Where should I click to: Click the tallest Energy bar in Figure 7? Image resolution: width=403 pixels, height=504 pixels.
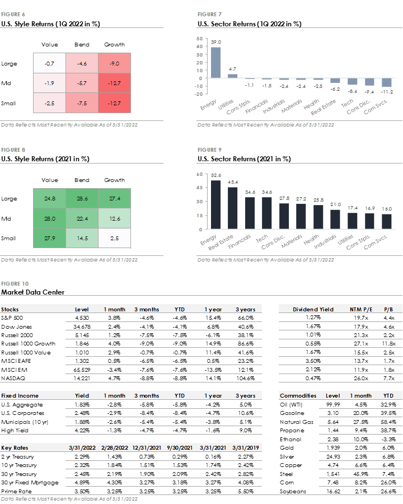click(215, 62)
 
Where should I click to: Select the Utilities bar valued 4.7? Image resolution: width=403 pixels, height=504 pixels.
click(233, 76)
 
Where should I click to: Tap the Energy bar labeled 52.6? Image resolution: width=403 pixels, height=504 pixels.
click(215, 204)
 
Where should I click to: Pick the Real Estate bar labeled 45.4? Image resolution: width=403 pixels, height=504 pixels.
click(232, 208)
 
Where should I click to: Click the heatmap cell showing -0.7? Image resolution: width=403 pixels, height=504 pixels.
click(49, 64)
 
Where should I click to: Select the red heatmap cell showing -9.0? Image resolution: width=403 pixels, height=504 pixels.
click(114, 64)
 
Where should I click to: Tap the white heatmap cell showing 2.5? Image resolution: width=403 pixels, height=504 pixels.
click(114, 239)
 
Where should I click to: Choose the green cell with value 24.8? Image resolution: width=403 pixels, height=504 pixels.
click(49, 198)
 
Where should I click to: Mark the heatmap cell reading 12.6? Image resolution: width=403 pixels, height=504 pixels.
click(114, 218)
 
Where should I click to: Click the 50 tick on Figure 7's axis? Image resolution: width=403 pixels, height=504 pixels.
click(200, 39)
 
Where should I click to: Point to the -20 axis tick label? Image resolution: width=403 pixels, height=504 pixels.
click(199, 94)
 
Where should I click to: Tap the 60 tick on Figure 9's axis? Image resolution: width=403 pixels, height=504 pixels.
click(200, 175)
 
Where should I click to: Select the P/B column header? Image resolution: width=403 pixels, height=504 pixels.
click(388, 309)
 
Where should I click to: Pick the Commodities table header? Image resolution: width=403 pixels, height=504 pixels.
click(298, 395)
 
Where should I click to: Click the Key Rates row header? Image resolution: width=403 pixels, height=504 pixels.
click(15, 447)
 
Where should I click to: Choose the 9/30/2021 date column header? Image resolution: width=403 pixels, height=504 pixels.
click(180, 447)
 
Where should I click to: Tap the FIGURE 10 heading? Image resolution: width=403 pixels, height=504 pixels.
click(15, 283)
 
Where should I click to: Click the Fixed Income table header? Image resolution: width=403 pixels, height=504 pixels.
click(20, 395)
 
